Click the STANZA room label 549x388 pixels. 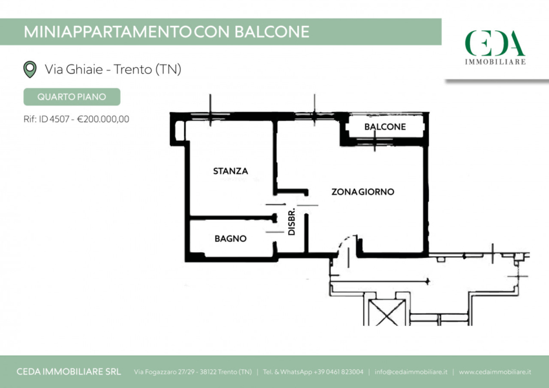click(231, 171)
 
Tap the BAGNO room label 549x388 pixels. click(231, 239)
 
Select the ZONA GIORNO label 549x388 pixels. click(363, 191)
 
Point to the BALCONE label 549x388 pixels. click(385, 127)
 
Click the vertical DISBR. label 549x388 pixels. click(292, 222)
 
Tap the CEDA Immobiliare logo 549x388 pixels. click(495, 47)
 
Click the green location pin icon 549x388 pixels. click(30, 69)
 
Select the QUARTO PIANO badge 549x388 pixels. click(72, 97)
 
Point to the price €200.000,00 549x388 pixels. click(103, 119)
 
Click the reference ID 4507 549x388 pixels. click(54, 119)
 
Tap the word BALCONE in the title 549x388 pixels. click(272, 32)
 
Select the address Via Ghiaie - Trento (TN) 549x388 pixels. click(113, 69)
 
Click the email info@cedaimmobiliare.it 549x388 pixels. click(411, 372)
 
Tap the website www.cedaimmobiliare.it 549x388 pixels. click(495, 372)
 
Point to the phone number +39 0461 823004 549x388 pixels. click(338, 372)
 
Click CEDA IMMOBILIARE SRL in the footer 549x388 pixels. click(68, 372)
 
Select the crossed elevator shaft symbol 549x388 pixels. click(386, 312)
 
